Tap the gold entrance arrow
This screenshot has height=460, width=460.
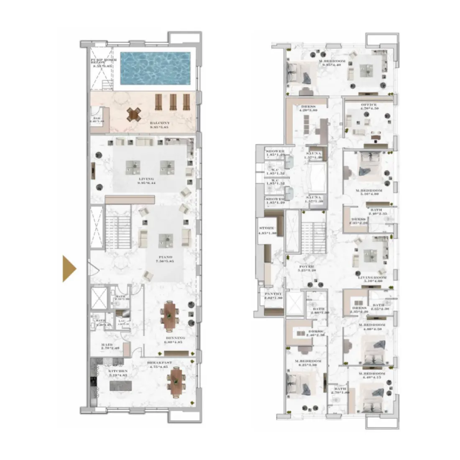pos(69,268)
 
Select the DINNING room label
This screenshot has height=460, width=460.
pos(175,338)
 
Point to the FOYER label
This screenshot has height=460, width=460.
pos(305,266)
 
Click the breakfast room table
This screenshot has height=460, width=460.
pos(175,381)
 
